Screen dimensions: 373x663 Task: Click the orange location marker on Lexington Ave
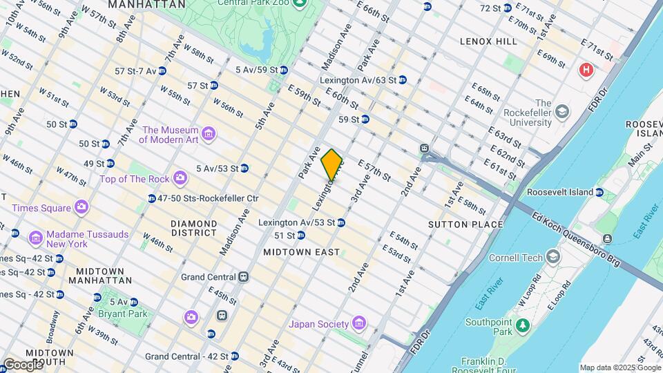pos(332,164)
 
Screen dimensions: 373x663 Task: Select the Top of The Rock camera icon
pos(180,179)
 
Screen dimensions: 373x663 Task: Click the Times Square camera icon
pos(81,207)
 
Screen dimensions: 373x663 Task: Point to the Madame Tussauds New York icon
pos(35,238)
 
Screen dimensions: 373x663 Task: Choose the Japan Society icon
pos(358,323)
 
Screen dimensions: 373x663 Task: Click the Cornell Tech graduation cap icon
pos(552,258)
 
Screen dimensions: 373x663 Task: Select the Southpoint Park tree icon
pos(523,324)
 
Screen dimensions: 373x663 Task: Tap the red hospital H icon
pos(586,70)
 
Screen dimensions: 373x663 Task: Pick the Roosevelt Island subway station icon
pos(599,192)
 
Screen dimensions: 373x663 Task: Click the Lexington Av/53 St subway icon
pos(341,222)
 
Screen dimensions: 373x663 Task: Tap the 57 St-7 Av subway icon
pos(162,70)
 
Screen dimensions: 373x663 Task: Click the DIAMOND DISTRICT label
pos(193,229)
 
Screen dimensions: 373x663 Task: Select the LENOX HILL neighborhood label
pos(488,41)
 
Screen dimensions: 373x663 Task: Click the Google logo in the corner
pos(22,364)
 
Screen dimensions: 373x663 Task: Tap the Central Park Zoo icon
pos(300,3)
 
